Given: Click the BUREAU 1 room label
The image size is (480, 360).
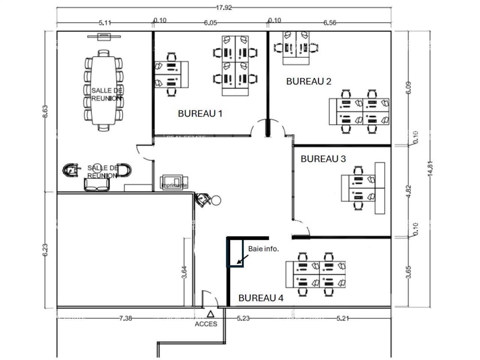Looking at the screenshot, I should pyautogui.click(x=200, y=113).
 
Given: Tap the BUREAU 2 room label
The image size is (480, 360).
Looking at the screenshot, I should pyautogui.click(x=309, y=81).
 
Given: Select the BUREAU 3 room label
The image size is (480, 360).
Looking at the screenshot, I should pyautogui.click(x=323, y=159).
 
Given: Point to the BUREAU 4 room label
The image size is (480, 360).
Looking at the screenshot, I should pyautogui.click(x=261, y=298).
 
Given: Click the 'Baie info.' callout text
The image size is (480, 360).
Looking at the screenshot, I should pyautogui.click(x=263, y=249).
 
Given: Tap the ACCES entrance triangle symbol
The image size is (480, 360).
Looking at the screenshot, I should pyautogui.click(x=211, y=314).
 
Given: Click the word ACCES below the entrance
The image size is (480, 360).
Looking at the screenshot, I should pyautogui.click(x=206, y=324).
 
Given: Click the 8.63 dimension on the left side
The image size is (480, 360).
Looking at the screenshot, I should pyautogui.click(x=45, y=112).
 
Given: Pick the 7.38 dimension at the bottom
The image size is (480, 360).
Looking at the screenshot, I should pyautogui.click(x=126, y=318).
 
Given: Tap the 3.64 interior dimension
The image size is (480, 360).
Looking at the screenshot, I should pyautogui.click(x=184, y=272).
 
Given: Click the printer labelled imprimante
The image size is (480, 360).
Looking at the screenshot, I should pyautogui.click(x=172, y=183).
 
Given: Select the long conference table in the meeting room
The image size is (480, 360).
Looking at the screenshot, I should pyautogui.click(x=103, y=90).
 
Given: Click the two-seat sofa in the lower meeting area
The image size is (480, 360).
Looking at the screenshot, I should pyautogui.click(x=97, y=184).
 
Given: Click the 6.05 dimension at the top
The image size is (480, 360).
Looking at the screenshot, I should pyautogui.click(x=210, y=23).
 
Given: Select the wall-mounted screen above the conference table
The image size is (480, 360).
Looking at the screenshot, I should pyautogui.click(x=104, y=36).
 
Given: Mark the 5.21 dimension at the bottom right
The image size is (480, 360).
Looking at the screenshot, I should pyautogui.click(x=343, y=318).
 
